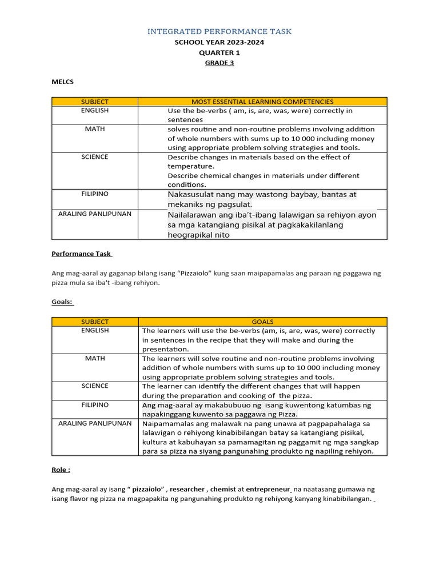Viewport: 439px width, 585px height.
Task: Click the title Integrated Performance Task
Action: [x=219, y=31]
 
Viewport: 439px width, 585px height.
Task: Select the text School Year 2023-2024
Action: [x=219, y=42]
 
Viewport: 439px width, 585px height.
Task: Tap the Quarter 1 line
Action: [x=219, y=53]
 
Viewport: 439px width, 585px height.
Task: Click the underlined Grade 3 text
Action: [x=219, y=63]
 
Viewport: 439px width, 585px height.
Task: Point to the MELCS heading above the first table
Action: [x=62, y=82]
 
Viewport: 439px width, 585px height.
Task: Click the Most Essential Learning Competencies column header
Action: [x=262, y=102]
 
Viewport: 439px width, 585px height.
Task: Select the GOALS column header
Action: [x=262, y=322]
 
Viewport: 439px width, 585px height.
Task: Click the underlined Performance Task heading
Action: [x=82, y=253]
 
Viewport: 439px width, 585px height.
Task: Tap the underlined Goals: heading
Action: [x=62, y=302]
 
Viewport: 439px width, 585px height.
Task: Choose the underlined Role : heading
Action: [x=61, y=470]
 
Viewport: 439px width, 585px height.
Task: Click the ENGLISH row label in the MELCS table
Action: [x=95, y=110]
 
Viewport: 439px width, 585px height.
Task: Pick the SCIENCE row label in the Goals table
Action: [x=95, y=386]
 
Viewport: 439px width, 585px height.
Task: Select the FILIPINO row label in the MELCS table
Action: [x=95, y=194]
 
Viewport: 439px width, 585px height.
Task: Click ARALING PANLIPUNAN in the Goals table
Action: [x=95, y=423]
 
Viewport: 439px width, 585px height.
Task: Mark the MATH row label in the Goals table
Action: [x=95, y=358]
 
